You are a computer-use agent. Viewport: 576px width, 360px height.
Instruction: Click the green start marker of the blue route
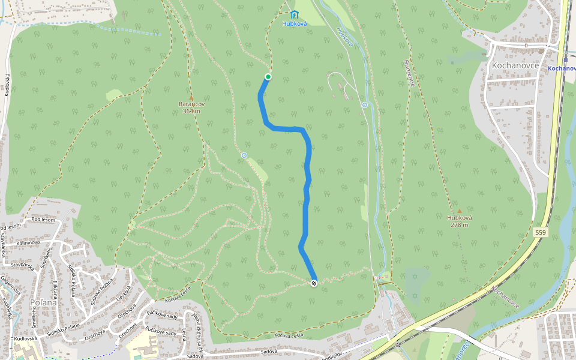click(268, 76)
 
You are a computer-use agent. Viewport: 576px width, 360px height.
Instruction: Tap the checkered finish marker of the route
click(314, 283)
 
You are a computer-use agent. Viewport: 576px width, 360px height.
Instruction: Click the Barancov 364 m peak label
click(191, 107)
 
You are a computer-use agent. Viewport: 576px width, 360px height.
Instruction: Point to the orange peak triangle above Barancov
click(191, 98)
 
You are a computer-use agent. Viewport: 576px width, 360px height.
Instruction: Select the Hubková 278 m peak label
click(459, 221)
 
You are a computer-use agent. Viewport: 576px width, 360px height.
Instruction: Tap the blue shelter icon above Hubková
click(294, 14)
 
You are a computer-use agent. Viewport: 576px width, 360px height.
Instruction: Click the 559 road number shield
click(541, 232)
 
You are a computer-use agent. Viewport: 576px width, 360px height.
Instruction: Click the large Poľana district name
click(43, 302)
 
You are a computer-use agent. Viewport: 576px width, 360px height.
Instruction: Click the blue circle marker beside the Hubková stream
click(364, 105)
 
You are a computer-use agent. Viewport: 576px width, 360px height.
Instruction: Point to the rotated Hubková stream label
click(344, 37)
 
